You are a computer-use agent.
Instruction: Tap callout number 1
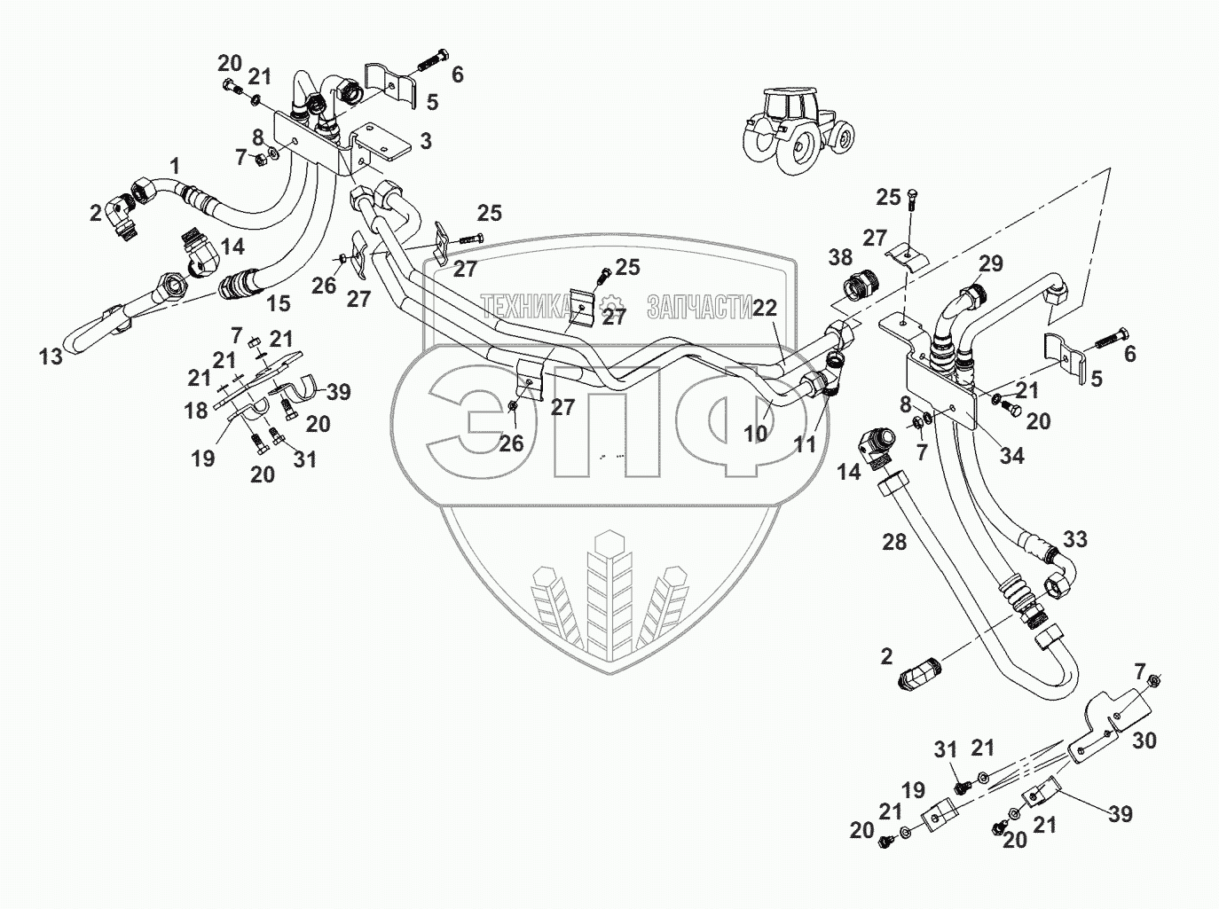click(175, 165)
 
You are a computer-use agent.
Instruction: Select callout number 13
click(51, 357)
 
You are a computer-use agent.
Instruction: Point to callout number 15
click(279, 304)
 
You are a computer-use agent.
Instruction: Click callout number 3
click(426, 140)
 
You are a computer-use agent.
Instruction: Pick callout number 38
click(839, 258)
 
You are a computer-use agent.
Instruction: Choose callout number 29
click(991, 263)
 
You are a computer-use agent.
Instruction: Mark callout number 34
click(1011, 456)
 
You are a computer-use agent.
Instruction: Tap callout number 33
click(1075, 539)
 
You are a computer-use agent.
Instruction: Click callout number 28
click(894, 541)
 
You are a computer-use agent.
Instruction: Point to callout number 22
click(765, 308)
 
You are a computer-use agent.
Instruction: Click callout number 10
click(755, 434)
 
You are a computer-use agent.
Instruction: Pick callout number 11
click(804, 444)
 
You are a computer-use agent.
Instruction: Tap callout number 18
click(196, 410)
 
